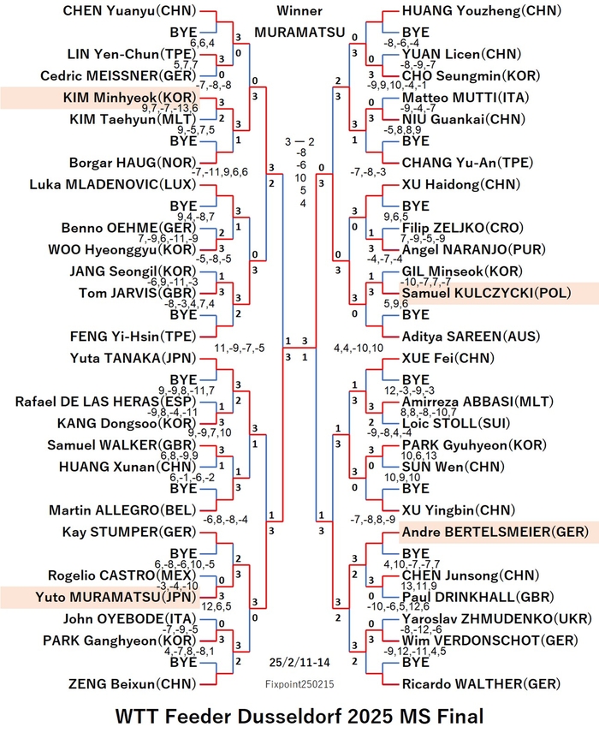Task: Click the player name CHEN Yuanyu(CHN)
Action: (x=129, y=11)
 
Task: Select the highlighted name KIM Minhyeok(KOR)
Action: (x=129, y=98)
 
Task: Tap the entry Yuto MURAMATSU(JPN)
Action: (x=116, y=597)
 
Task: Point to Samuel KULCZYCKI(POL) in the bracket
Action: (x=486, y=293)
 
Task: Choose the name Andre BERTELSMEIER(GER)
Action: (x=495, y=532)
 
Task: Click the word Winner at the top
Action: (x=299, y=10)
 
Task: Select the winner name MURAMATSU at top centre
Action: (x=300, y=32)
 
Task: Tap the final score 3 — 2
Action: (x=299, y=141)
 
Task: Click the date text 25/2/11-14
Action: (x=299, y=662)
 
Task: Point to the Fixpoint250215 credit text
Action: (x=299, y=684)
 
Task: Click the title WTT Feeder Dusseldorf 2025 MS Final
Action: (x=299, y=717)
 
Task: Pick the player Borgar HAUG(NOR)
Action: (x=133, y=163)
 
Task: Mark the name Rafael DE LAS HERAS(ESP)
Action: (x=105, y=402)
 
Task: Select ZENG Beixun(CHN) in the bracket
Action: (x=133, y=684)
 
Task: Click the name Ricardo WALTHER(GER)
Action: (x=481, y=684)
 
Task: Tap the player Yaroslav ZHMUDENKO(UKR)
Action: (x=497, y=619)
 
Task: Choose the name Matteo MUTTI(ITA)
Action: (x=466, y=98)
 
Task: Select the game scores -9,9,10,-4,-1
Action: (x=397, y=86)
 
